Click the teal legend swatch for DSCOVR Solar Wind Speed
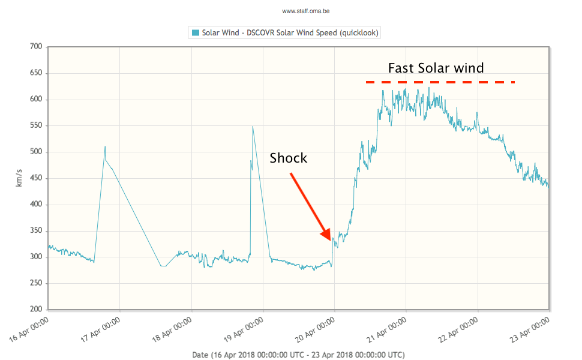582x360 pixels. tap(195, 32)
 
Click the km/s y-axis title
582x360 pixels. tap(19, 178)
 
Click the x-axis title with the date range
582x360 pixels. tap(298, 355)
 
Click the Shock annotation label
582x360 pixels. tap(288, 158)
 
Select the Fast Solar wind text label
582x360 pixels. tap(436, 68)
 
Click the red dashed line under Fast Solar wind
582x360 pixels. tap(440, 82)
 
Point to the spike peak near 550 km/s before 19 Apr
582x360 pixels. tap(253, 126)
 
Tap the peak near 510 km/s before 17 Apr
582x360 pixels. tap(105, 146)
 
